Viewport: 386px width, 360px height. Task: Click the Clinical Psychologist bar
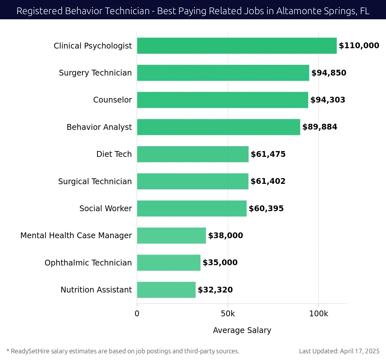click(x=237, y=46)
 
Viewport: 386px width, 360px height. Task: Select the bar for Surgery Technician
click(x=223, y=73)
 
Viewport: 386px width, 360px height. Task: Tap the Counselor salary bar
click(x=222, y=100)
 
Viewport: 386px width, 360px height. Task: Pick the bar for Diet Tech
click(x=193, y=154)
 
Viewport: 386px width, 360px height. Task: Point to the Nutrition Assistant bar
click(x=166, y=290)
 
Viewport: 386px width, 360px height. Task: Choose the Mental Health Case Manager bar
click(x=171, y=236)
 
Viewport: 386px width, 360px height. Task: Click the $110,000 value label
click(x=359, y=46)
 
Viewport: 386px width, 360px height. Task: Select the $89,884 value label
click(x=320, y=127)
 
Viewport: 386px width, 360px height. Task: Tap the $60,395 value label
click(x=266, y=209)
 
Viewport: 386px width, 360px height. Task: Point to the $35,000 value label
click(x=220, y=263)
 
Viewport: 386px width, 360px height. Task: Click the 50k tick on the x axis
click(x=228, y=314)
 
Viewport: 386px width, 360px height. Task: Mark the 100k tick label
click(x=318, y=314)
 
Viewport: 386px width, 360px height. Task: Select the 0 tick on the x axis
click(x=137, y=314)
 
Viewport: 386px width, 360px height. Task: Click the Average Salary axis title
click(x=242, y=330)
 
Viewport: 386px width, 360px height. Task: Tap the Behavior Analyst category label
click(x=99, y=127)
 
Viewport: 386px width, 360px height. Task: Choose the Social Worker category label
click(x=106, y=209)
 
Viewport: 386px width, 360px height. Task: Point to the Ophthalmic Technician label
click(x=88, y=263)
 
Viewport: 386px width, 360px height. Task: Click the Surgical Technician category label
click(x=95, y=182)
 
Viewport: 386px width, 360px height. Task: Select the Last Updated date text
click(x=339, y=351)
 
